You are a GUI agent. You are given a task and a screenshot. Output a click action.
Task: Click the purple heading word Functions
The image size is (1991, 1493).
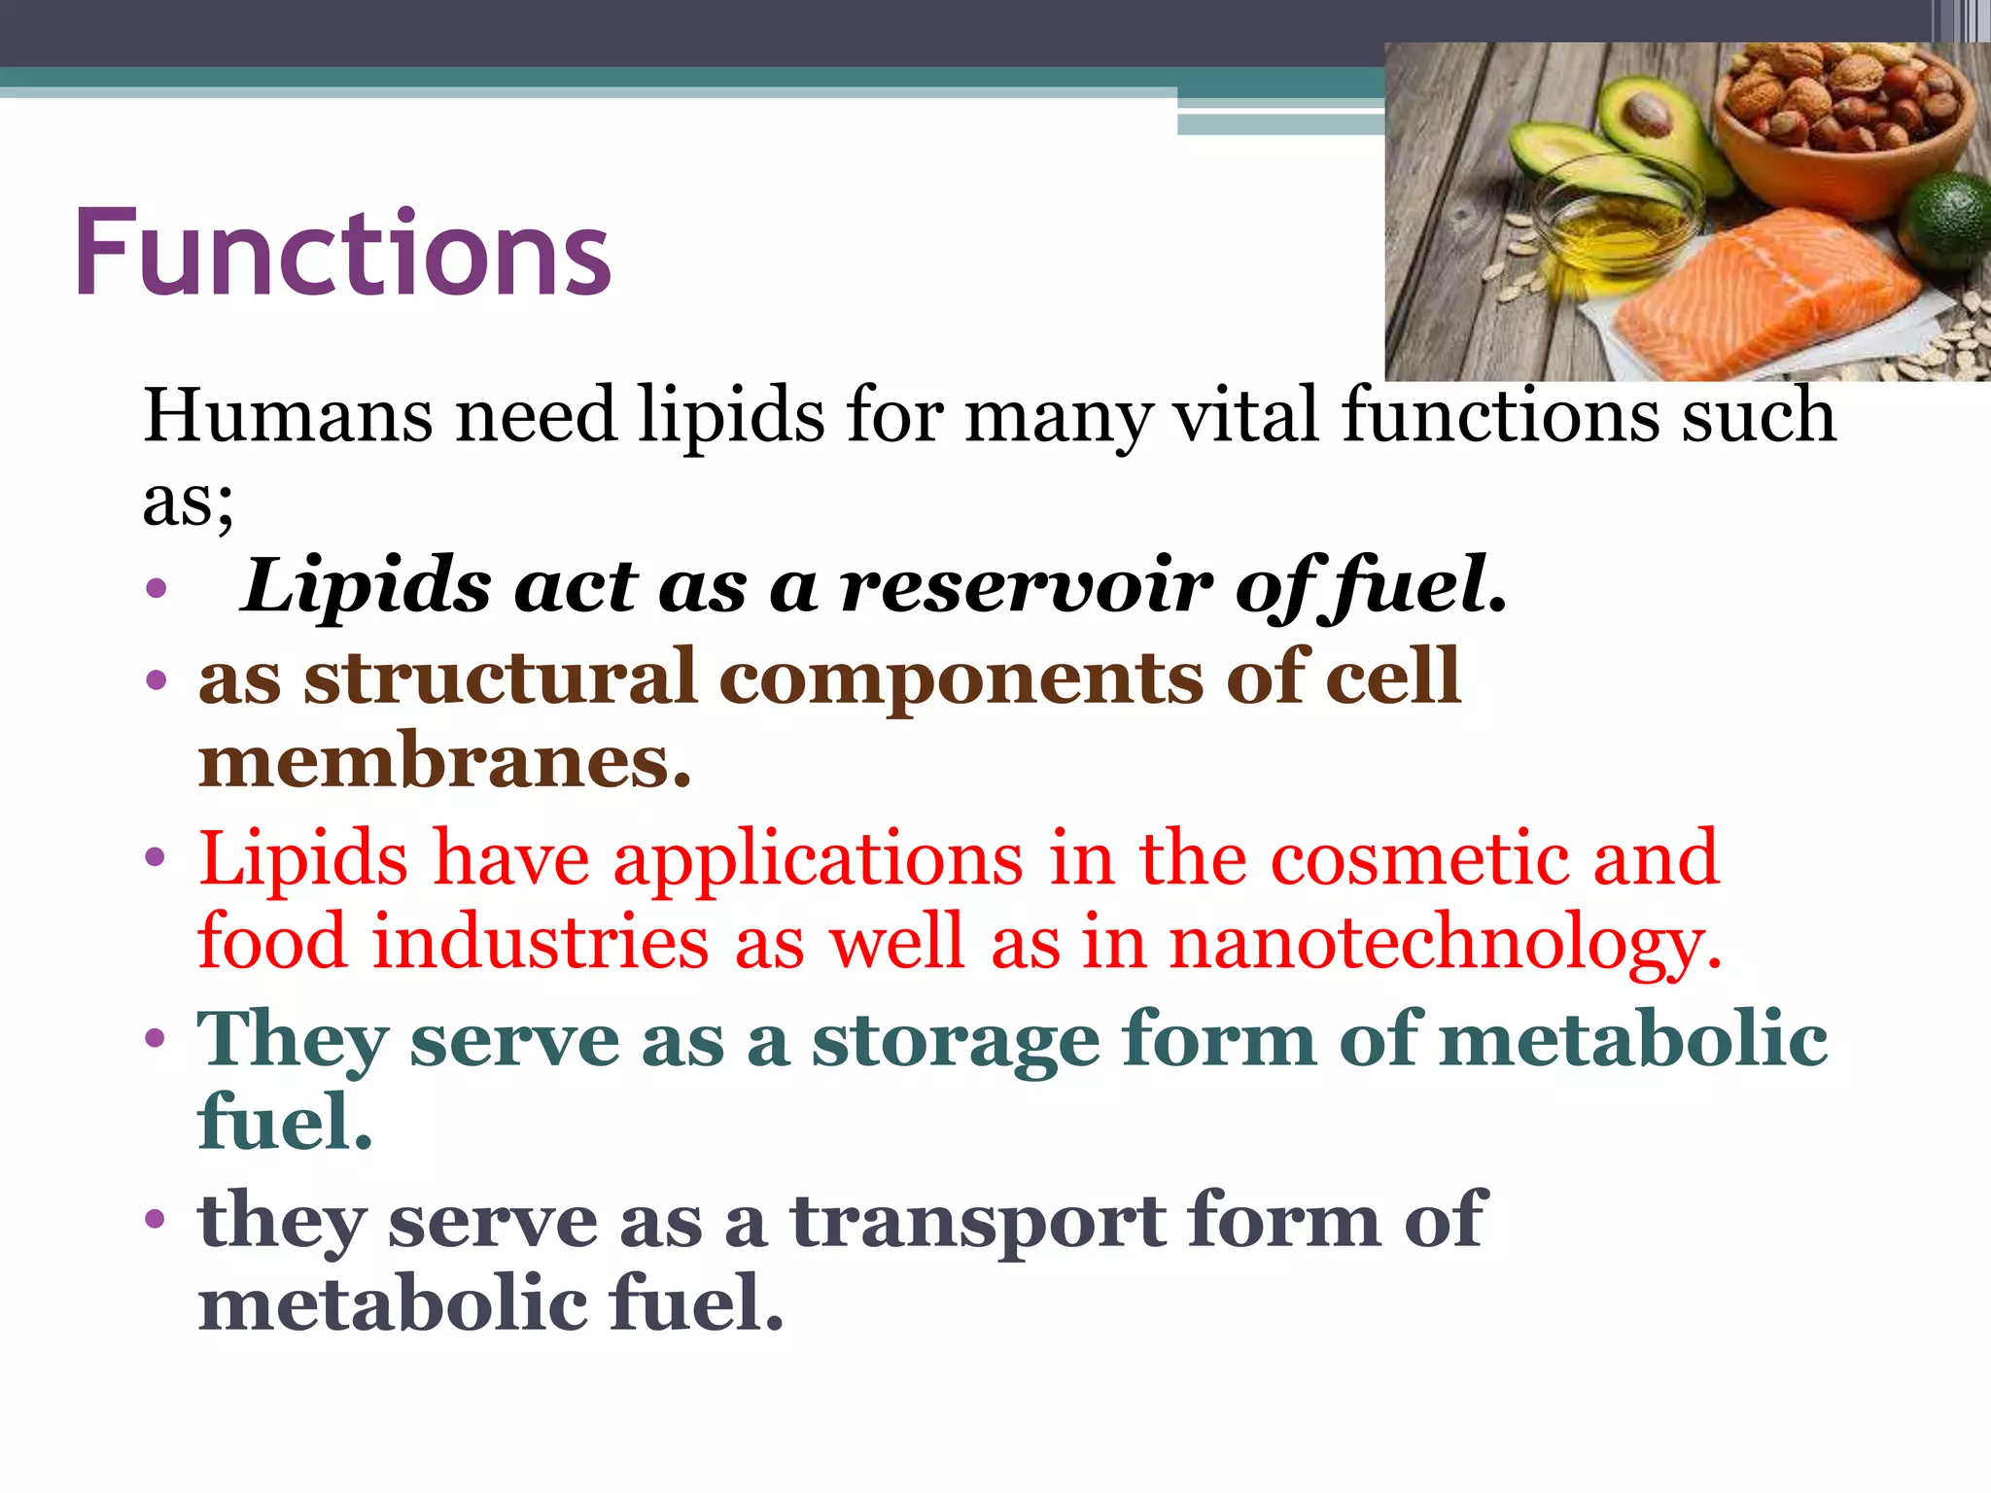(x=342, y=255)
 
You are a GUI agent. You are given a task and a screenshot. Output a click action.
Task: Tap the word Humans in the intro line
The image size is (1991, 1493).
(x=288, y=416)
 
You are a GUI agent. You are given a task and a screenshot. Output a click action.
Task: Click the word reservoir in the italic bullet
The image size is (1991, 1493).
(x=1027, y=587)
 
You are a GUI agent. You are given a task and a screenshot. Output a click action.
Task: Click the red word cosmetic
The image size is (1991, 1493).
(x=1419, y=859)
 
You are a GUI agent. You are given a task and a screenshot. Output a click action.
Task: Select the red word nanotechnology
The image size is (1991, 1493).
(x=1445, y=943)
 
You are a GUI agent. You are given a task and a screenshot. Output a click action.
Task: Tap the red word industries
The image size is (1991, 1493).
(x=541, y=943)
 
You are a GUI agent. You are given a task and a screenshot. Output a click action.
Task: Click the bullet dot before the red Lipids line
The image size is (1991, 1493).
(x=156, y=858)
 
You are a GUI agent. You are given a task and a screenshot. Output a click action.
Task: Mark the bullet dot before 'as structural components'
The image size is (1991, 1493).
(x=156, y=678)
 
